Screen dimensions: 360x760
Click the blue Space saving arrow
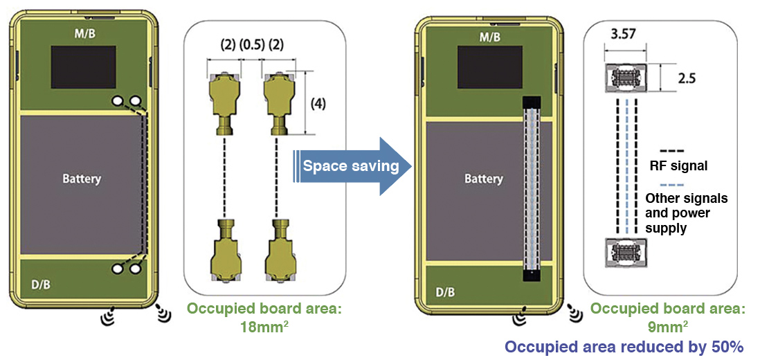coord(350,166)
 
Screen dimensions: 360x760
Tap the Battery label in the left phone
coord(82,179)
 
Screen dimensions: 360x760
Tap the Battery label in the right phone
coord(483,179)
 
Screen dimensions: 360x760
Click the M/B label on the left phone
coord(84,33)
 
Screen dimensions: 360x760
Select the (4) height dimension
coord(318,104)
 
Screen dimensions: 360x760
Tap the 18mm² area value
coord(260,325)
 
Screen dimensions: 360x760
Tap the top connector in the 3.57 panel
coord(625,78)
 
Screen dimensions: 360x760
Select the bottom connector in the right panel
coord(625,249)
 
